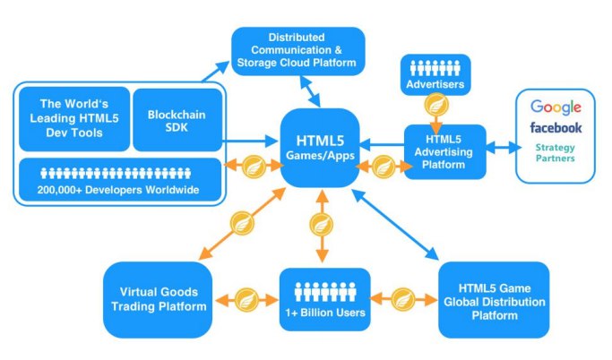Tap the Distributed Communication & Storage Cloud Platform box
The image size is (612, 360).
(298, 50)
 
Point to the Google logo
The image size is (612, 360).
(556, 107)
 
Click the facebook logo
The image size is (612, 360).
(556, 128)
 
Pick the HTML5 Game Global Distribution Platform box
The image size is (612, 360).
(493, 299)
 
